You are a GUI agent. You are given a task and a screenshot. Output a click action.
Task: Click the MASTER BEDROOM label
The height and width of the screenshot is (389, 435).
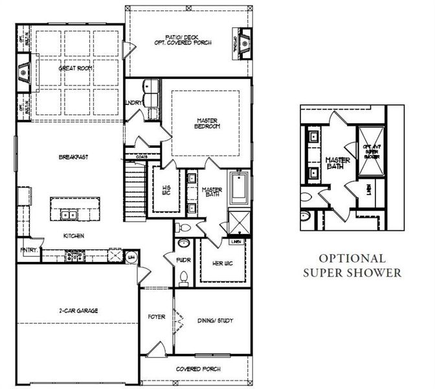pos(207,123)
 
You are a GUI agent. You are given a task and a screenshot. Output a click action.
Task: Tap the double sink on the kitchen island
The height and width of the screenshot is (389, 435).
pos(68,215)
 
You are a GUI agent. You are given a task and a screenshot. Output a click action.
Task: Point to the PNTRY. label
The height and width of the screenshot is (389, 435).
pos(28,250)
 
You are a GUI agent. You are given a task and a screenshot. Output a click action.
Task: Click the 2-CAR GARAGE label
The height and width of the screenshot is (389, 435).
pos(76,311)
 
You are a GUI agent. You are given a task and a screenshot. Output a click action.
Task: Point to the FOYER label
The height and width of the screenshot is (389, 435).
pos(157,317)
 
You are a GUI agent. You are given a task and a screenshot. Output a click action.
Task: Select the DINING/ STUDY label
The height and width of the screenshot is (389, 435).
pos(214,320)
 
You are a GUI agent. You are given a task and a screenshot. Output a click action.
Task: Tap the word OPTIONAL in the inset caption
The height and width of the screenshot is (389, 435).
pos(353,258)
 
